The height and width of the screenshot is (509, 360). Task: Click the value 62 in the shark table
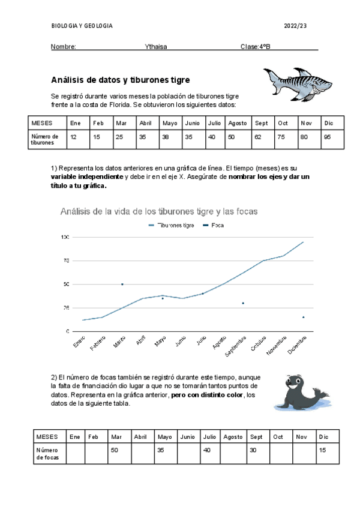[x=261, y=137]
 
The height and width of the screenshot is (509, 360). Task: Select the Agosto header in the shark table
[x=238, y=122]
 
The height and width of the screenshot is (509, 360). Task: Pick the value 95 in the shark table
[x=327, y=137]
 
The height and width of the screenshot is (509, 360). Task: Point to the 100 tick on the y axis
[x=65, y=238]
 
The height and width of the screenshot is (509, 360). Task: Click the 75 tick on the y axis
[x=66, y=261]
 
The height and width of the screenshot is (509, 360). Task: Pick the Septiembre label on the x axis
[x=233, y=346]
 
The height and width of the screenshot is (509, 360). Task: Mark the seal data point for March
[x=122, y=285]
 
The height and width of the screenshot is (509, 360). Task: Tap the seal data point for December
[x=303, y=317]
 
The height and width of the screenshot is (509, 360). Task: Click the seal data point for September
[x=243, y=303]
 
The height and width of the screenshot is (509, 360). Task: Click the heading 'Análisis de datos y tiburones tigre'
[x=120, y=79]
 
